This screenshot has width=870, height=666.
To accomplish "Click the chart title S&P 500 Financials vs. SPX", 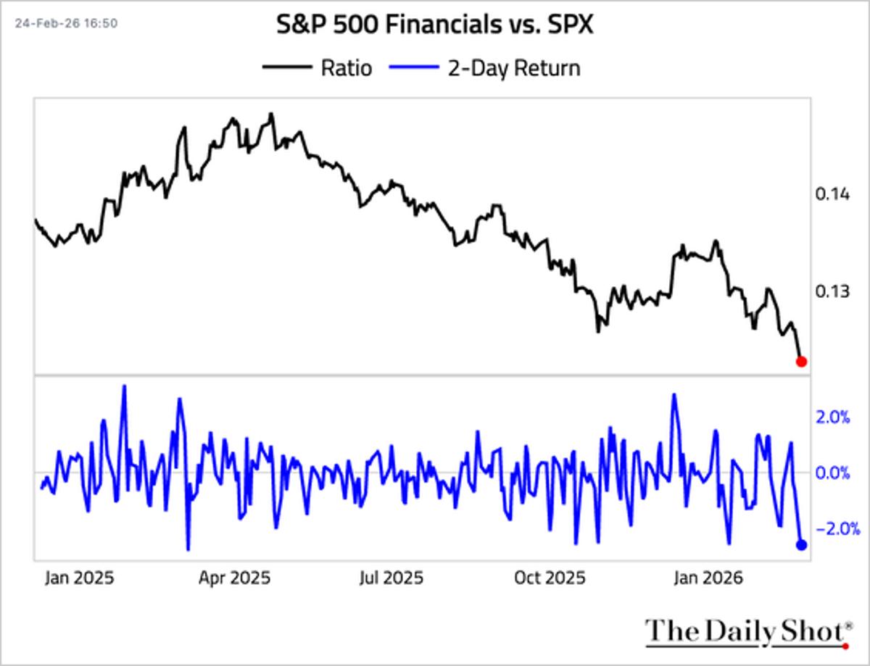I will [435, 26].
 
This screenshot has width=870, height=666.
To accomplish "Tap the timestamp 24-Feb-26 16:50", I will [66, 23].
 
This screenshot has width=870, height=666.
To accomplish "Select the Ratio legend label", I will [346, 68].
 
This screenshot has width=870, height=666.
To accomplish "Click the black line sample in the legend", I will [286, 68].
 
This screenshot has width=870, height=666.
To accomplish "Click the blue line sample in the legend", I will [414, 68].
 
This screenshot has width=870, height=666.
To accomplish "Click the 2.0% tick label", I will [832, 417].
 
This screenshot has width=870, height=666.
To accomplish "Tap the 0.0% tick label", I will [832, 473].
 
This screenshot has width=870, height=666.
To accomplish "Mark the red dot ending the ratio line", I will [801, 361].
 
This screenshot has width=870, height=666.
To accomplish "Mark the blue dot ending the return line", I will [801, 545].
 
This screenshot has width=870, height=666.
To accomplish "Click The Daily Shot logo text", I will [747, 630].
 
